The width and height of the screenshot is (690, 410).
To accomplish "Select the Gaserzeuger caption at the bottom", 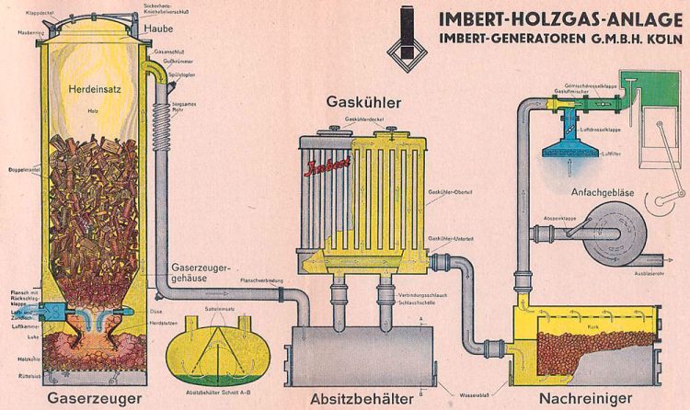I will pos(95,398).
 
